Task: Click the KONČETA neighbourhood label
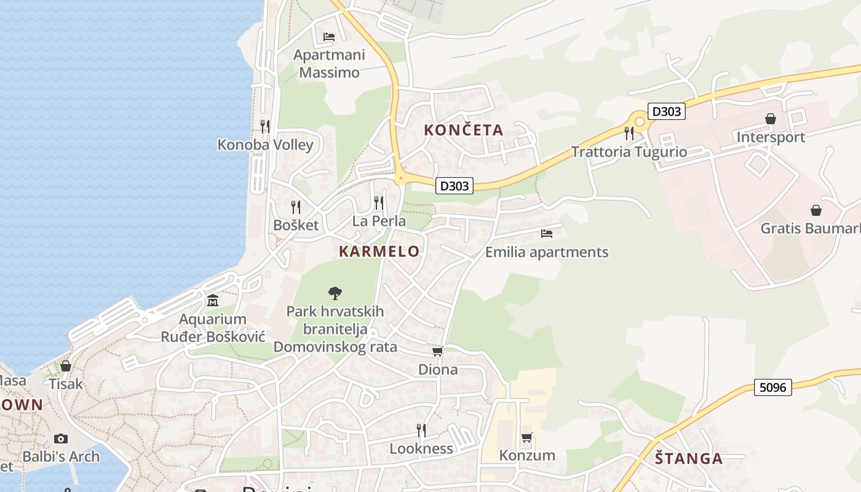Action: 464,130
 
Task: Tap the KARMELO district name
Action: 379,251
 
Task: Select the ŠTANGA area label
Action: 688,458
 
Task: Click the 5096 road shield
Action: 772,387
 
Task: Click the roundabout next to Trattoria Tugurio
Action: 640,121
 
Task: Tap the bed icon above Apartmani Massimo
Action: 329,37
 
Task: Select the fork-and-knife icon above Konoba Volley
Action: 265,126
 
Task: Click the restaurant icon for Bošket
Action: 296,207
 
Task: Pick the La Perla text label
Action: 379,221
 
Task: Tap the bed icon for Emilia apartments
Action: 547,234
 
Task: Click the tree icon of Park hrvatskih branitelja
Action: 335,293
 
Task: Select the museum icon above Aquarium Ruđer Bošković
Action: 213,301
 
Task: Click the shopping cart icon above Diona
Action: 438,351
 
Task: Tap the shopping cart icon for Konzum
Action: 526,438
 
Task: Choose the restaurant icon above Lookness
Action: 421,430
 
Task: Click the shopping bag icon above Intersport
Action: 771,119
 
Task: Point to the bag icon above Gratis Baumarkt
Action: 816,210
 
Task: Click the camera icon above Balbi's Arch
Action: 60,438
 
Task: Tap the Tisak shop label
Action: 66,384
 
